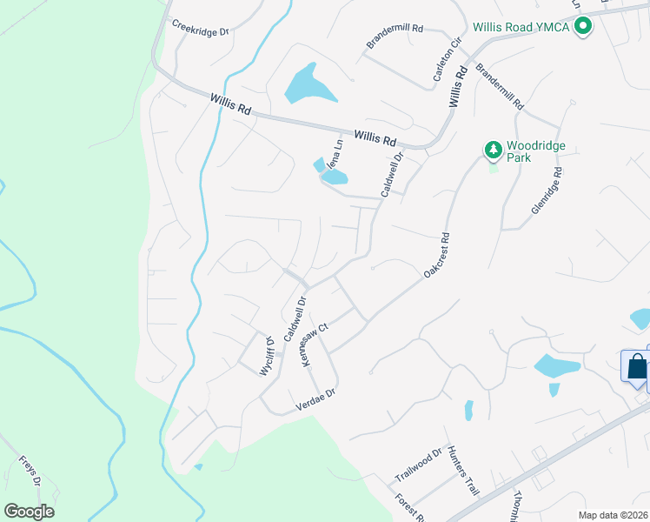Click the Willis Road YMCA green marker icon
coord(583,27)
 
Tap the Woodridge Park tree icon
coord(494,151)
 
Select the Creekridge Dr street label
coord(200,28)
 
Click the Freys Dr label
coord(30,472)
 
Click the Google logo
coord(29,512)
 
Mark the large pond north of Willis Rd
coord(308,85)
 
